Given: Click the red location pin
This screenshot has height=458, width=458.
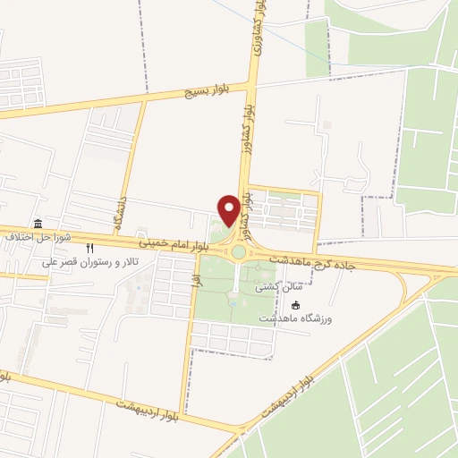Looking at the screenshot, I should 229,210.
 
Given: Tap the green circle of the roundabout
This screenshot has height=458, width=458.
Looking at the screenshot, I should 238,252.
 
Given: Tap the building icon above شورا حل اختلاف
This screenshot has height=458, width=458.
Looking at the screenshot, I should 38,224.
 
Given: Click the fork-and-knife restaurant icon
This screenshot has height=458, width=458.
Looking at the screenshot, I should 89,249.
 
